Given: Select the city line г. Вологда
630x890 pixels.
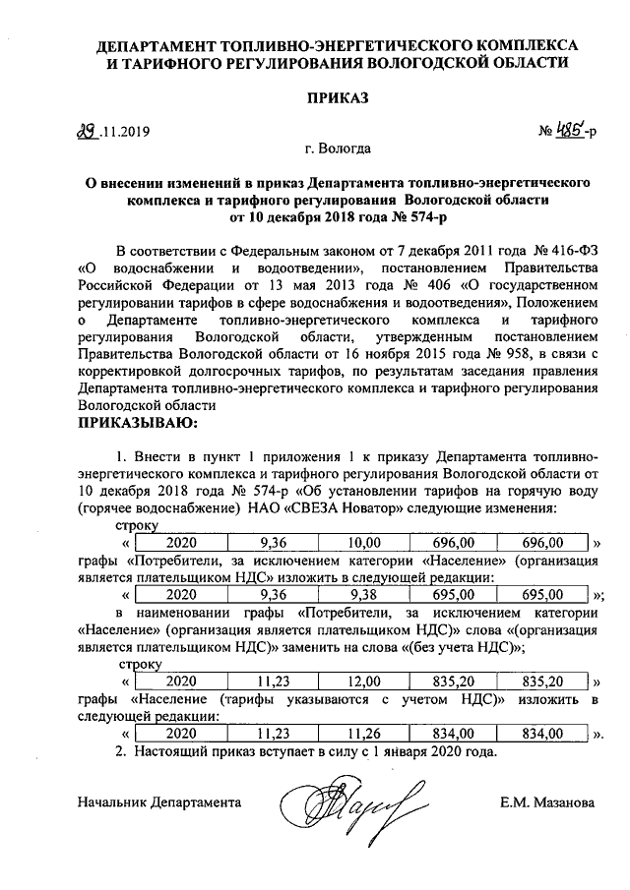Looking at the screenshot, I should click(x=338, y=149).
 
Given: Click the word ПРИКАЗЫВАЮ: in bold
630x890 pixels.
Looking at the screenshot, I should click(x=137, y=423).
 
